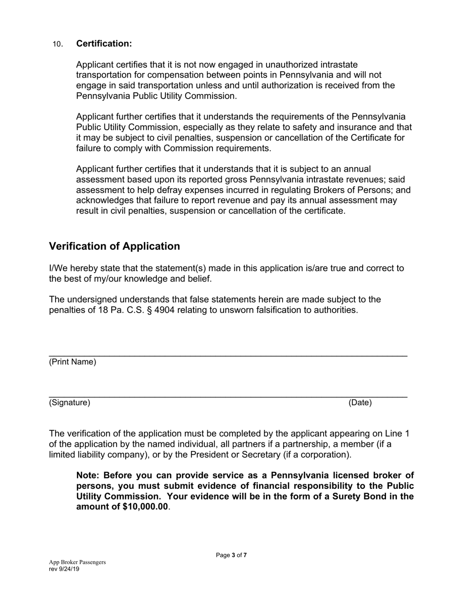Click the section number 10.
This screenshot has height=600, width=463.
(x=58, y=44)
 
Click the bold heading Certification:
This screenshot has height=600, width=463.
(x=104, y=44)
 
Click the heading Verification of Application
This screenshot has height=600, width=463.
(x=115, y=246)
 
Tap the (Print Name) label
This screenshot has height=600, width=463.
(x=73, y=362)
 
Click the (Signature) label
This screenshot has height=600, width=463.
(x=70, y=402)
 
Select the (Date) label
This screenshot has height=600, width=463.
(x=360, y=402)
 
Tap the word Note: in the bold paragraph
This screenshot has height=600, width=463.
(x=88, y=475)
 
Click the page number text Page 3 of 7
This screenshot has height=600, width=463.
(x=231, y=555)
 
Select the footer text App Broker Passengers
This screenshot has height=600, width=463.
(x=77, y=562)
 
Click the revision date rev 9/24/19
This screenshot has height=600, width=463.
(x=64, y=569)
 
